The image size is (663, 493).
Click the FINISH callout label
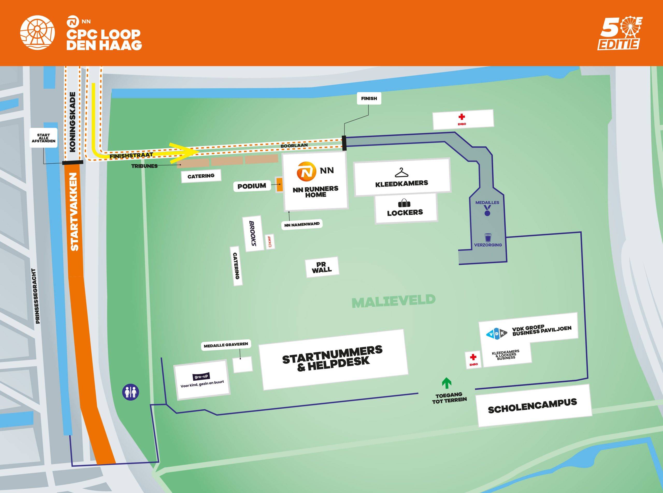(x=369, y=98)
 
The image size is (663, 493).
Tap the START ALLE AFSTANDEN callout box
(x=44, y=138)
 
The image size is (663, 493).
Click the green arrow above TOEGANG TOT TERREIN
(x=446, y=383)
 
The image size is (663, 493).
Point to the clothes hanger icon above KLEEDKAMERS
(x=401, y=172)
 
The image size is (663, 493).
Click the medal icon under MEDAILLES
(x=487, y=211)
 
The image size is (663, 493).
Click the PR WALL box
(x=322, y=267)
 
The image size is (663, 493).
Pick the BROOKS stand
(x=254, y=233)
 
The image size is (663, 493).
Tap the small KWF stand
(x=270, y=241)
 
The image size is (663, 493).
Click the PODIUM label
(x=252, y=186)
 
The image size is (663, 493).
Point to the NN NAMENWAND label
(x=302, y=224)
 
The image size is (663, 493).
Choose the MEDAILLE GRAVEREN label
(x=226, y=345)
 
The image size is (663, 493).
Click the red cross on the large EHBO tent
(x=462, y=117)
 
